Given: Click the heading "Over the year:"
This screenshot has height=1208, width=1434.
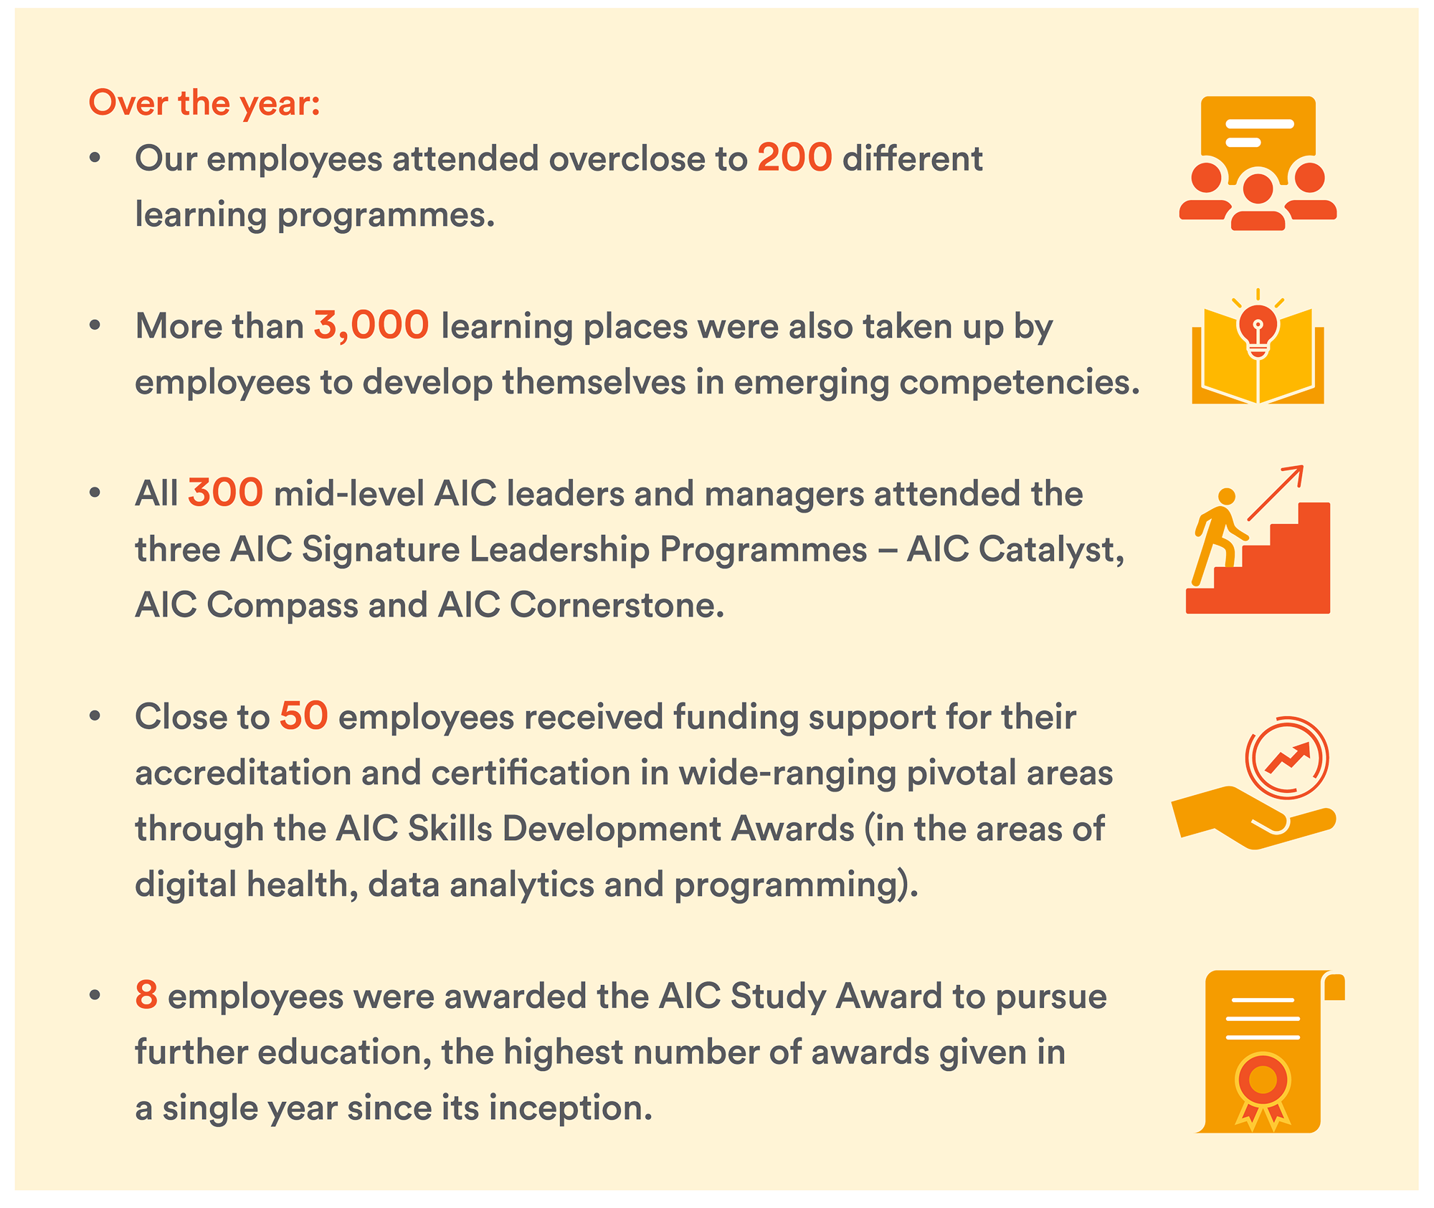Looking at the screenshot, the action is [204, 103].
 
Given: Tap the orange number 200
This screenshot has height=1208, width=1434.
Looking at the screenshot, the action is [794, 158].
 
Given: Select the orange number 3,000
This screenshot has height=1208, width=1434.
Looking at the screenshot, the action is [371, 326].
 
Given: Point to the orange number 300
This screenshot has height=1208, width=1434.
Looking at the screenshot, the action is [225, 493].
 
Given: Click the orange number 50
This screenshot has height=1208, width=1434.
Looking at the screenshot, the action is [304, 716].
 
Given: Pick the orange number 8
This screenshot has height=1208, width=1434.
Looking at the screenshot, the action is [146, 995].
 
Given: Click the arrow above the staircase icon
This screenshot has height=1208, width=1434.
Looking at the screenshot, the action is [1276, 493].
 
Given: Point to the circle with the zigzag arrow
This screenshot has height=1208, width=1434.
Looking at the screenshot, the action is [1287, 757].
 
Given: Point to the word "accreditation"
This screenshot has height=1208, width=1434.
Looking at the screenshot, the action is [242, 773].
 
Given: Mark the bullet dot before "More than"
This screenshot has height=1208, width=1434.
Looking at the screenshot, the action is [95, 326].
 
